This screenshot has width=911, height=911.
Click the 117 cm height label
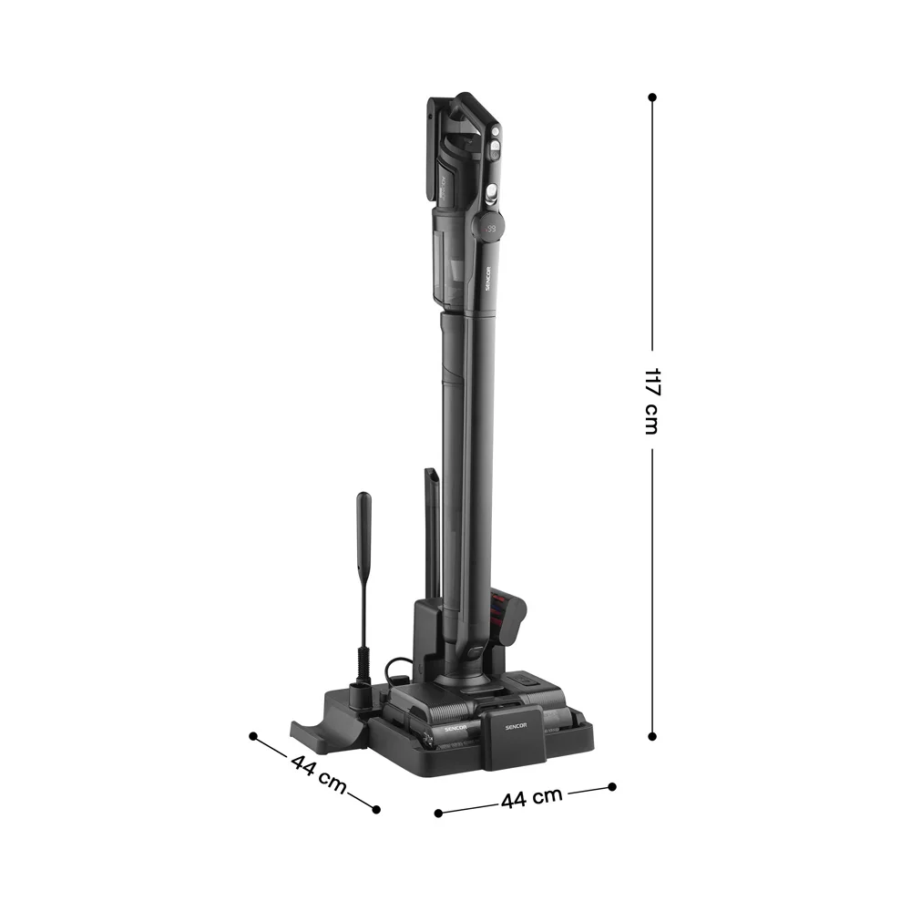651,401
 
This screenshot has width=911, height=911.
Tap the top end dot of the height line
652,97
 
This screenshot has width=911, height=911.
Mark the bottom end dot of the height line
652,736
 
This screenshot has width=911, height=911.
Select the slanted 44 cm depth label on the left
318,773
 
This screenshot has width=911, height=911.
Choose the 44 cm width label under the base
532,798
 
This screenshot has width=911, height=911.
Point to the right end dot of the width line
612,787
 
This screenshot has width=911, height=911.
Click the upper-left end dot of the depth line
252,736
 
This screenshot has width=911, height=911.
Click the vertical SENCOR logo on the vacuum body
487,279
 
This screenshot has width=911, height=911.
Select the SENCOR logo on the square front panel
516,726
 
